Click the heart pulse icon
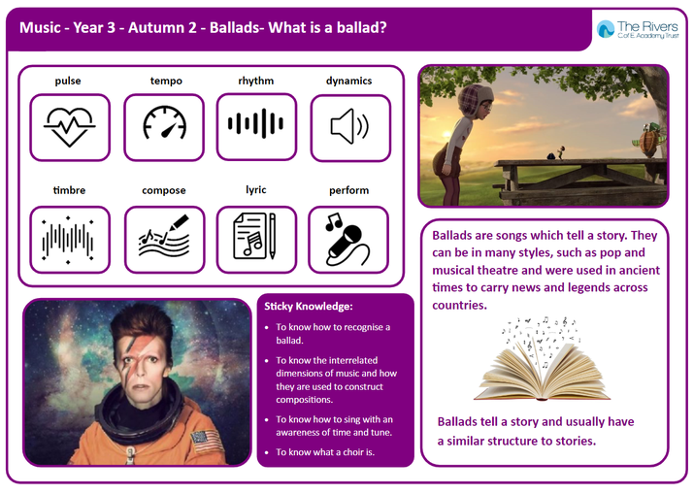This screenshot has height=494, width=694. pos(70,127)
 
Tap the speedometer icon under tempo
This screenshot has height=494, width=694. pos(164,122)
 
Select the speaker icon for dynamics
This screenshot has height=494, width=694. pos(349,126)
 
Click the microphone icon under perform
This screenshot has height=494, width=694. pos(347,240)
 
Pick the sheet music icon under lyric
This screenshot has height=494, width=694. pos(254,236)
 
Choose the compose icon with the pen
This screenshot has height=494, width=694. pos(164,237)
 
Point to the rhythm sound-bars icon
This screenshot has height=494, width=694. pos(256,123)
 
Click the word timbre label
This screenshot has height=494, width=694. pos(69,190)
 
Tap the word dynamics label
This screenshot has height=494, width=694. pos(348,81)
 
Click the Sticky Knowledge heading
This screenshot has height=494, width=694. pos(309,307)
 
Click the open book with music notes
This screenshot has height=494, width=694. pos(542,359)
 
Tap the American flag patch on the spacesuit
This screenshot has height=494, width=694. pos(206,441)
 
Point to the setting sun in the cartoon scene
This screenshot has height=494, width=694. pos(446,134)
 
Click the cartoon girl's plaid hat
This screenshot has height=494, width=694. pos(475,97)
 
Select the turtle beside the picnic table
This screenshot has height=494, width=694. pos(649,140)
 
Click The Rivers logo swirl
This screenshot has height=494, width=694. pos(606,29)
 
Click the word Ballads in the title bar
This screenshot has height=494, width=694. pos(234,28)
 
